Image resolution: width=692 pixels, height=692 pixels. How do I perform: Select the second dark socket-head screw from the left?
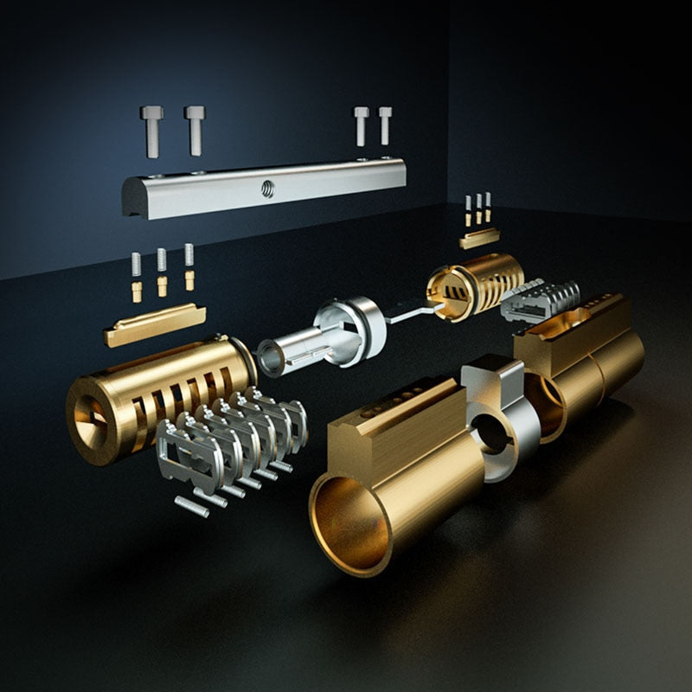click(195, 130)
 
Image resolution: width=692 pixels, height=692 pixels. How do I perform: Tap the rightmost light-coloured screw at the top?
click(385, 125)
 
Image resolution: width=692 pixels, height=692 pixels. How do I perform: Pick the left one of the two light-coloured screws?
click(361, 125)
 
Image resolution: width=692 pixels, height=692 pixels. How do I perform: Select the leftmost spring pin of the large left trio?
click(136, 277)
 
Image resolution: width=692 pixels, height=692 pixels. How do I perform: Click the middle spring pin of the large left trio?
click(162, 272)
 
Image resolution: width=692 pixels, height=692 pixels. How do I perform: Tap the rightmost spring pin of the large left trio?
click(189, 266)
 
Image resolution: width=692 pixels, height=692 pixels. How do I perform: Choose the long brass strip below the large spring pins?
click(154, 324)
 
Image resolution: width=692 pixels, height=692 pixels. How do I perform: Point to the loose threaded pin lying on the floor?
click(191, 506)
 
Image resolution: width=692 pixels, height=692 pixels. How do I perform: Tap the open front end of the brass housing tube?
click(350, 524)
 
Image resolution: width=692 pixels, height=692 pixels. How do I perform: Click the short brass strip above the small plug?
click(479, 237)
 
